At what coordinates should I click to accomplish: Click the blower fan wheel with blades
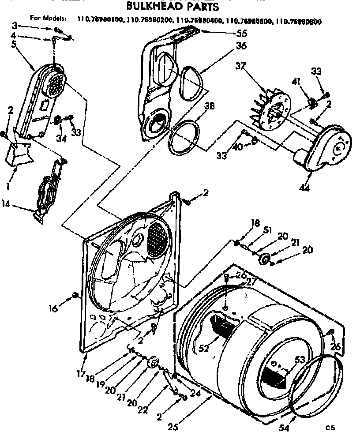point(269,108)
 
